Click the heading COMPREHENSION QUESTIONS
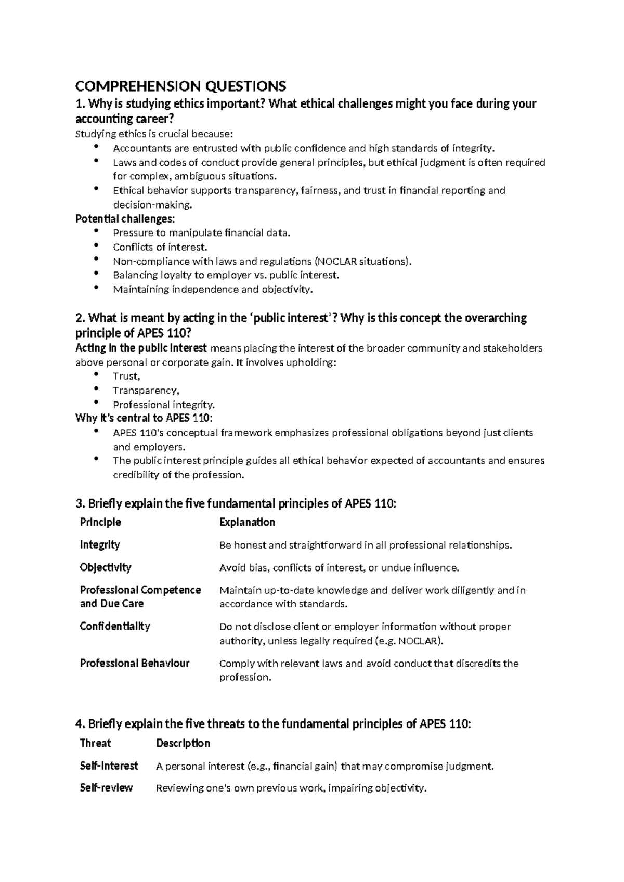180,86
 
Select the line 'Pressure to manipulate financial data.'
201,233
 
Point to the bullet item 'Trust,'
126,376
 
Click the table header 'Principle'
100,522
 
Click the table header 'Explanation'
247,522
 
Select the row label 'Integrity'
100,544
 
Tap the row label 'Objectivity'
106,567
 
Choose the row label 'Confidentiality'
115,626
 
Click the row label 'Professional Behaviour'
134,663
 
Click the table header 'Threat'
95,743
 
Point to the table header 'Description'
183,743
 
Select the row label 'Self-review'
106,788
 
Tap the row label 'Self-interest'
109,766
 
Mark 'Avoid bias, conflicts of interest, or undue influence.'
339,567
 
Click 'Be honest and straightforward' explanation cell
366,545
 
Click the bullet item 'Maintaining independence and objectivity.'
213,289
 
